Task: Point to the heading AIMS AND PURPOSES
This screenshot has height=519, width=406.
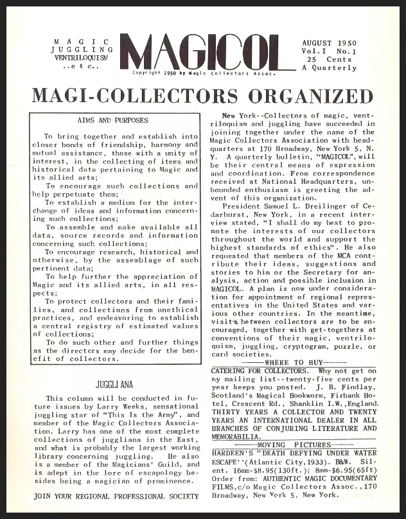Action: [112, 120]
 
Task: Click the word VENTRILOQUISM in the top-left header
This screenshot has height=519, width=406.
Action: [82, 57]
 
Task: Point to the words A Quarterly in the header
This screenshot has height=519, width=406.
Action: [330, 67]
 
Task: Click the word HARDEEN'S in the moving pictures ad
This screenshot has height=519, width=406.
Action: [234, 453]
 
